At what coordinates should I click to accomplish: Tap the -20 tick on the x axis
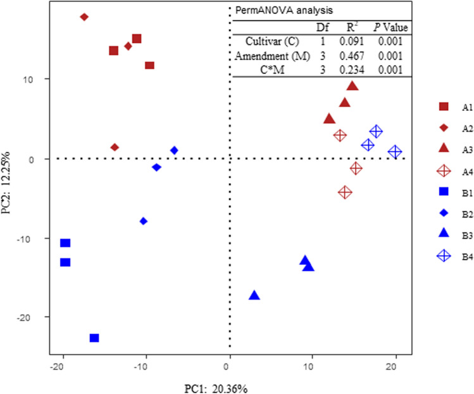(61, 365)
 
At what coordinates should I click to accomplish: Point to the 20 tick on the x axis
(396, 365)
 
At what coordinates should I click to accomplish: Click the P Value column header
(390, 27)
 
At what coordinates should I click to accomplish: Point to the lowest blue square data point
(94, 338)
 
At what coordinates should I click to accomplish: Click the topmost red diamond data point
(84, 17)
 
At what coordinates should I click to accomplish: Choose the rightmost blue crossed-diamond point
(395, 152)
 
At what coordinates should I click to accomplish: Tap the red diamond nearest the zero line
(115, 147)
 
